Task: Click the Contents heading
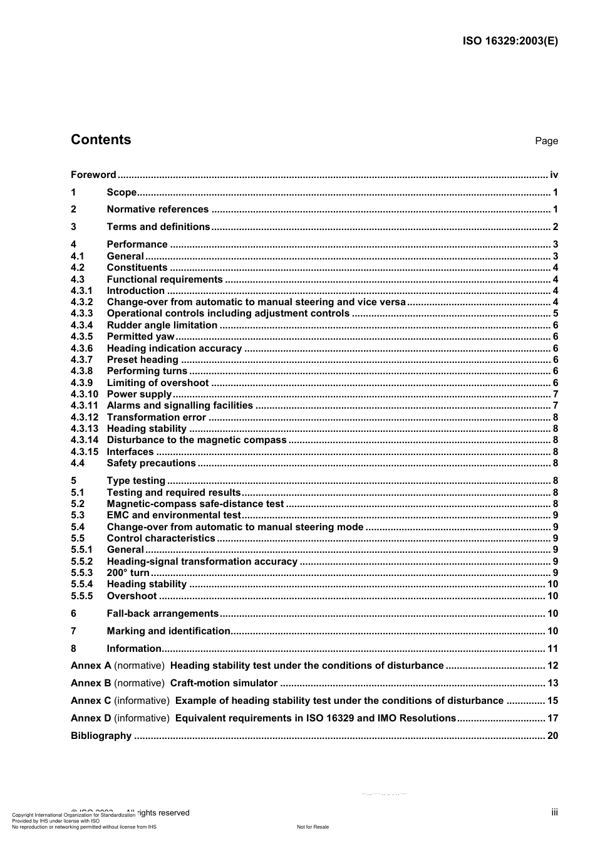pos(101,140)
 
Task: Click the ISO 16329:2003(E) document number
pos(510,41)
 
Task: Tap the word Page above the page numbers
pos(546,141)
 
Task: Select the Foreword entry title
pos(93,175)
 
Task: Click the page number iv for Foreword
pos(554,175)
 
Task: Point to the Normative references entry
pos(157,209)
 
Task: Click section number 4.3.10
pos(85,394)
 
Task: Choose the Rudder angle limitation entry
pos(162,325)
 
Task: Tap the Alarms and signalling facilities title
pos(180,406)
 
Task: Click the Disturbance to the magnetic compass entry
pos(196,440)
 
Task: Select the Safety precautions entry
pos(151,463)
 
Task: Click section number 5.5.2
pos(81,562)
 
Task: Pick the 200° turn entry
pos(128,573)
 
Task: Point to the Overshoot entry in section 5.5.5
pos(132,596)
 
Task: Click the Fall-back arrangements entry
pos(162,614)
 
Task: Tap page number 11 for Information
pos(552,649)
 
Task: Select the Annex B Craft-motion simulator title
pos(224,683)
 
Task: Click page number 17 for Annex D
pos(552,718)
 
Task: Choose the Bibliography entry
pos(101,736)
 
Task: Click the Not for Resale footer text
pos(313,827)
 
